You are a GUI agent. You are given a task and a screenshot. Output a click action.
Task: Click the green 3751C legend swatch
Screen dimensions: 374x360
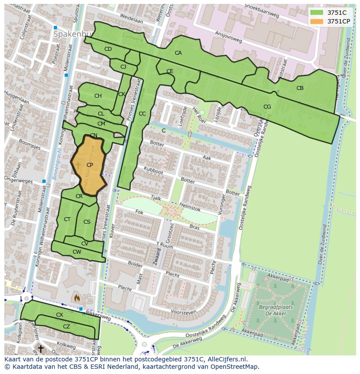click(317, 13)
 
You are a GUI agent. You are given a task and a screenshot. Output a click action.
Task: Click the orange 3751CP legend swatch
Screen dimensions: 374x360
click(317, 21)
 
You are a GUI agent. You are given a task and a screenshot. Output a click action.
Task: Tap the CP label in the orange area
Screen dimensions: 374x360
click(90, 165)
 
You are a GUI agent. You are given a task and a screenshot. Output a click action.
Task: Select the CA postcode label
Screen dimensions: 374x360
click(178, 53)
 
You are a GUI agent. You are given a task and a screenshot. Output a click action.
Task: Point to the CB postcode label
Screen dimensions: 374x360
click(300, 88)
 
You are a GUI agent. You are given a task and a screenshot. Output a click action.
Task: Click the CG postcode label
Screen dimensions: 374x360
click(267, 107)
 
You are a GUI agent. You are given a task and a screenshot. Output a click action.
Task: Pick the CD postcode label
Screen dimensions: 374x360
click(108, 49)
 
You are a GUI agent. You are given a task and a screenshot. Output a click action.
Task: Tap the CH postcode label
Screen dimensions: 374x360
click(98, 96)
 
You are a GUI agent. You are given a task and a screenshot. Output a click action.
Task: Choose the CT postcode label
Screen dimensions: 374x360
click(67, 219)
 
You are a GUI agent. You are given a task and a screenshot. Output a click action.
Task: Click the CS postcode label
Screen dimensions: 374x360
click(87, 222)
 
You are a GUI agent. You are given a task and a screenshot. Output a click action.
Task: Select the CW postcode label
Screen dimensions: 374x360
click(77, 252)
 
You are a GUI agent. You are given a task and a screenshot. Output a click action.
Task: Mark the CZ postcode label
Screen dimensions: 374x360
click(67, 327)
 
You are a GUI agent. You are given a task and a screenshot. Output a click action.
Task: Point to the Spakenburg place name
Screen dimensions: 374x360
click(72, 33)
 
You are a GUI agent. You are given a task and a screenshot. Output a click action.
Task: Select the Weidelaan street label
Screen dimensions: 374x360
click(131, 19)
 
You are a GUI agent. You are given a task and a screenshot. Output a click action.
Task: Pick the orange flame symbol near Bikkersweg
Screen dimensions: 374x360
click(77, 298)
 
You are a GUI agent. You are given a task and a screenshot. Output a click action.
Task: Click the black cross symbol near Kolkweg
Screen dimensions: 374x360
click(40, 348)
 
